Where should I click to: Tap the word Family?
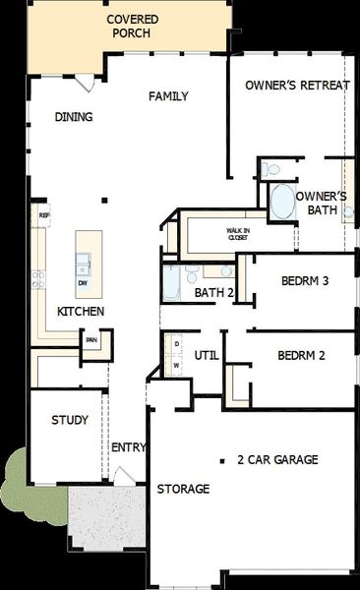point(168,96)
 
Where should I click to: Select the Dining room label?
point(74,117)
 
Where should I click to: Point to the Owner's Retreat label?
point(297,86)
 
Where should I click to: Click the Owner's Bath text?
point(318,203)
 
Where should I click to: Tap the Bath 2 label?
point(213,292)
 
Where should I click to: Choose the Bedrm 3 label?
point(304,280)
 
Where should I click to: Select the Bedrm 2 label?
point(301,355)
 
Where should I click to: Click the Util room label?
point(206,355)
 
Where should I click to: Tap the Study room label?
point(70,420)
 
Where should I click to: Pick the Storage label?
point(183,489)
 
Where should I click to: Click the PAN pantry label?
point(90,341)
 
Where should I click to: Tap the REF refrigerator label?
point(43,214)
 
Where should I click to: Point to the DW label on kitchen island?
point(83,282)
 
